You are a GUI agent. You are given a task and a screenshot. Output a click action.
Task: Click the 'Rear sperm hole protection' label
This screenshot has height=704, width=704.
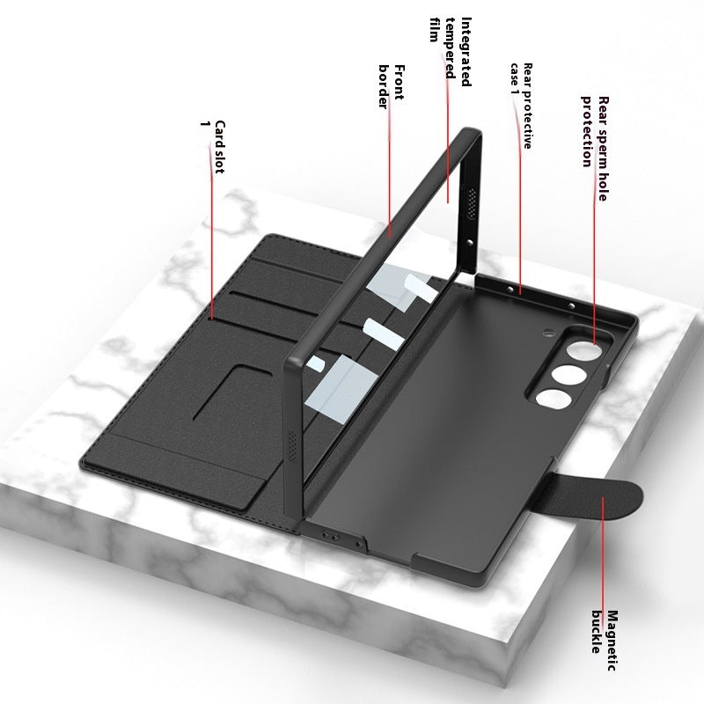(x=594, y=132)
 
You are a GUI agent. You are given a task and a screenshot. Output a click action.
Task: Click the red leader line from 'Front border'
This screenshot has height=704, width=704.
(x=390, y=176)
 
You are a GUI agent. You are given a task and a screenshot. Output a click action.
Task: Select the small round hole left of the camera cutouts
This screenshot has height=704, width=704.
(x=546, y=334)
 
